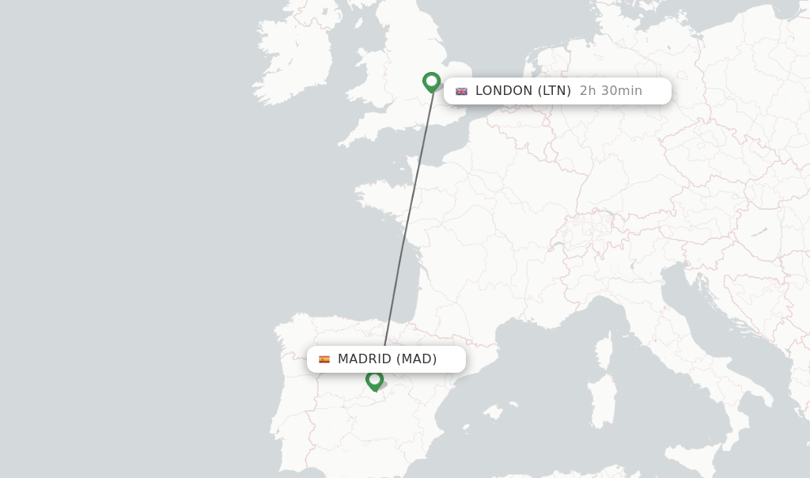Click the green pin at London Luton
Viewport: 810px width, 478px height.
click(431, 82)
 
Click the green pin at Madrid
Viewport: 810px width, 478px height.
click(374, 380)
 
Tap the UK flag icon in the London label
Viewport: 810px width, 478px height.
click(461, 91)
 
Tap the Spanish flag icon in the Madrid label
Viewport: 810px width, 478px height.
click(324, 359)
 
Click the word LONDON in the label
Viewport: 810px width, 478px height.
click(504, 91)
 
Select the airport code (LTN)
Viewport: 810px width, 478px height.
click(555, 91)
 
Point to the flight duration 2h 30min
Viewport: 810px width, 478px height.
click(611, 91)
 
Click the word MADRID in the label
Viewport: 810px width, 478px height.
click(365, 359)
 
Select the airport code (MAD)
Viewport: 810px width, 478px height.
click(417, 359)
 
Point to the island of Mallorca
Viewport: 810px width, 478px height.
click(494, 412)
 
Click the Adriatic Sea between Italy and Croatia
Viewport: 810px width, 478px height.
click(712, 317)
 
